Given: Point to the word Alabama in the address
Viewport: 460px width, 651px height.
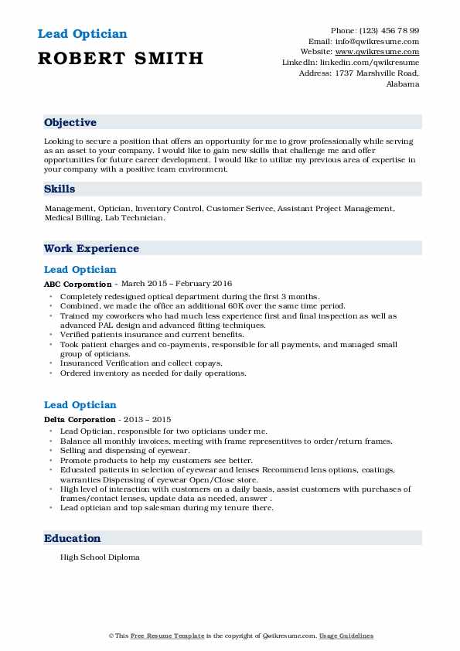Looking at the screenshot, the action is tap(402, 84).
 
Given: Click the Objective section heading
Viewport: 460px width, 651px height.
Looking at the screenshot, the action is tap(70, 123).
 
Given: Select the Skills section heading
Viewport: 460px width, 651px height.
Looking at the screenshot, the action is tap(60, 189).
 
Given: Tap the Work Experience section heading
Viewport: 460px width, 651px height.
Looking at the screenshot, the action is tap(91, 249).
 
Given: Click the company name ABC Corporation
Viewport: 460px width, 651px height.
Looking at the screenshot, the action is tap(78, 284).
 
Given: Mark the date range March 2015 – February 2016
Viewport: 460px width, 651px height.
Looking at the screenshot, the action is tap(177, 284).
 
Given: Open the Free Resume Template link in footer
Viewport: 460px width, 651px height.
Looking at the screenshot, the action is tap(155, 636).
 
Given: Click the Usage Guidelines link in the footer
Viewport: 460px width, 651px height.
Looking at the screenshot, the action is tap(348, 636).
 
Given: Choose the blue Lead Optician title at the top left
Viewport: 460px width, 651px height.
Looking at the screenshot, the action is tap(81, 34).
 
